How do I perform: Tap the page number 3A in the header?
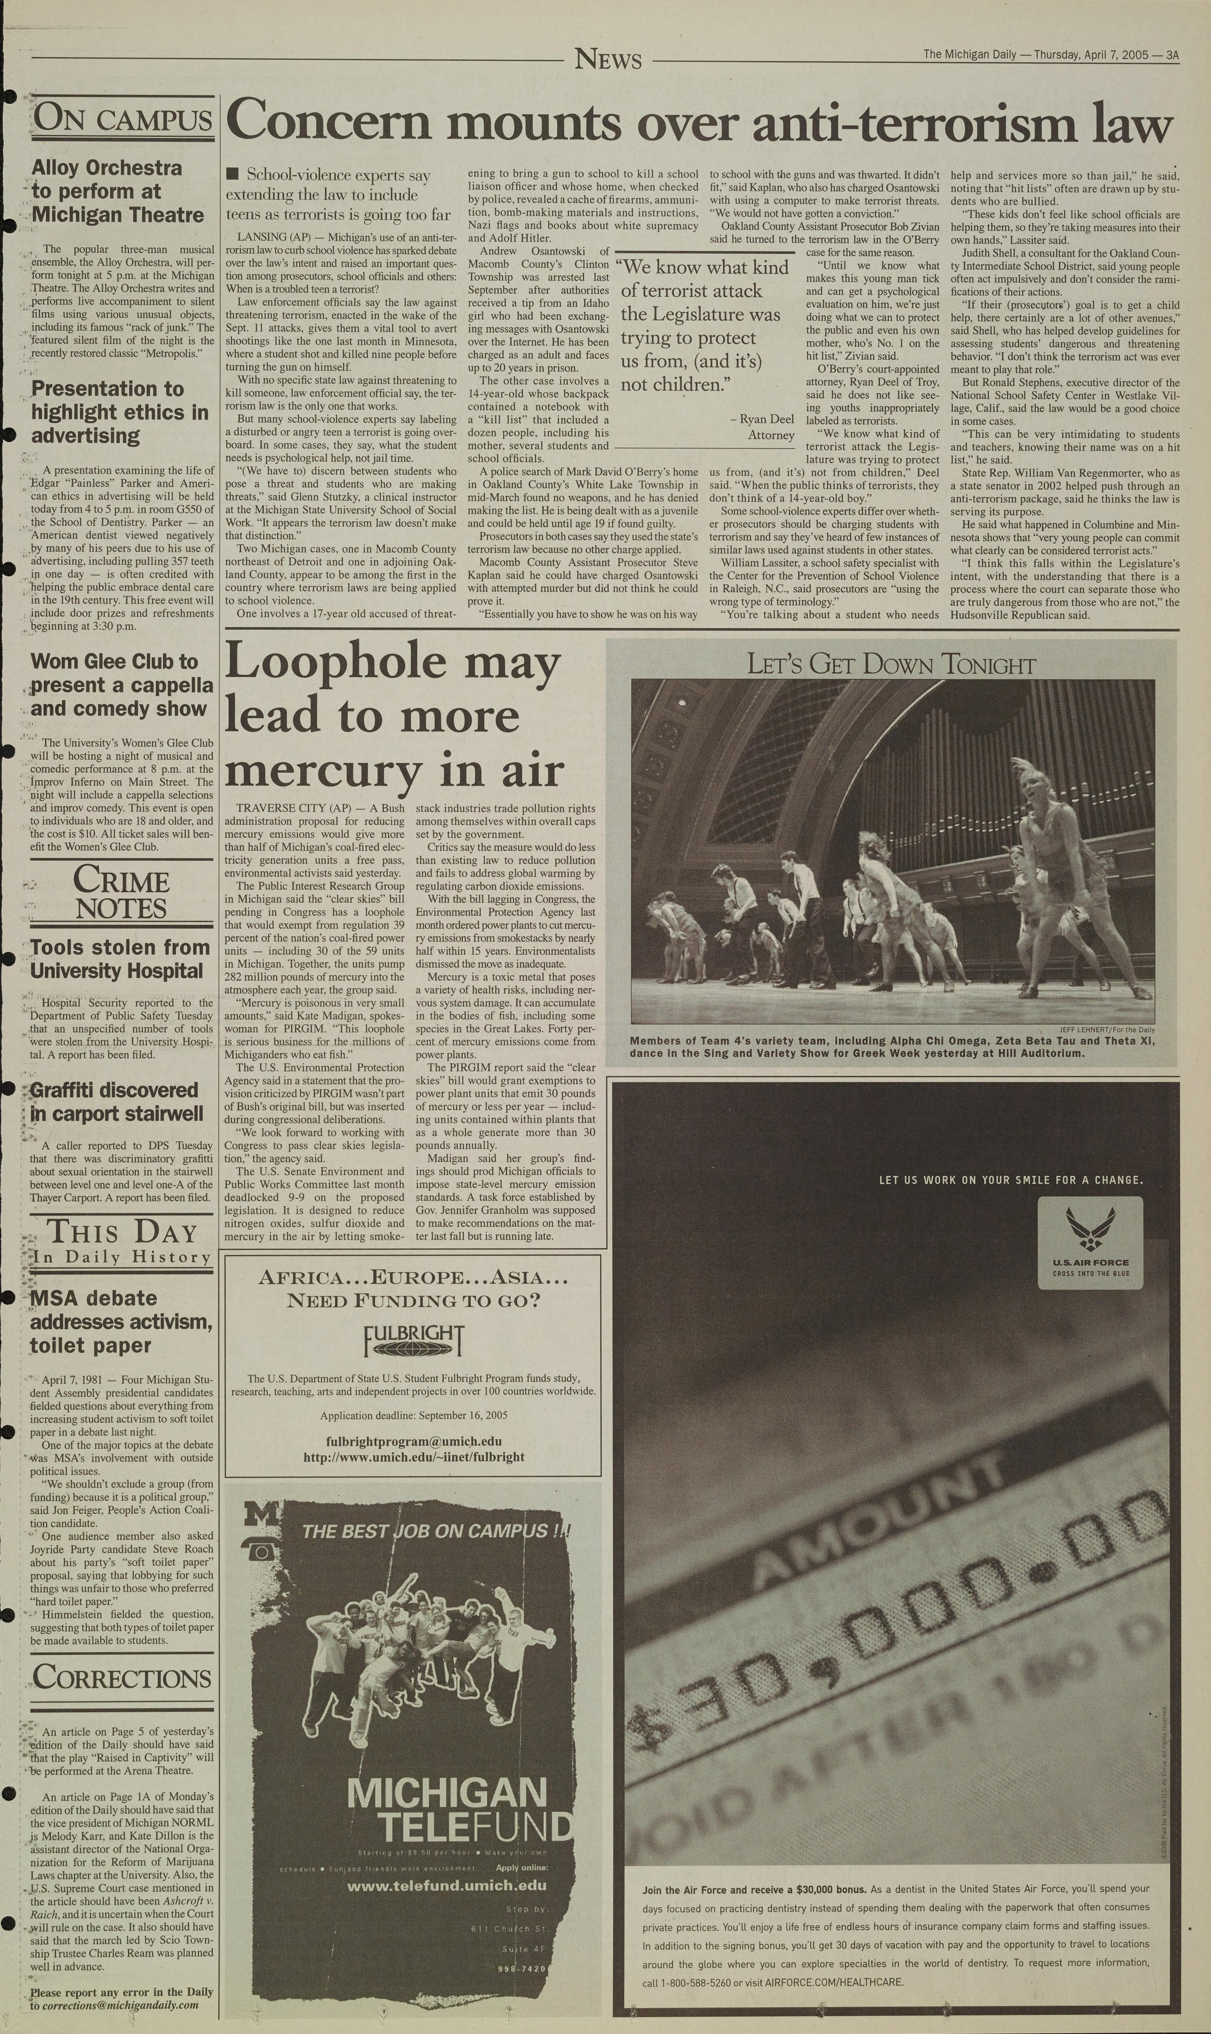click(x=1172, y=56)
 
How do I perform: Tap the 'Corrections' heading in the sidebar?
click(x=122, y=1677)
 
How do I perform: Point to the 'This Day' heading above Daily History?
click(x=122, y=1232)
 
